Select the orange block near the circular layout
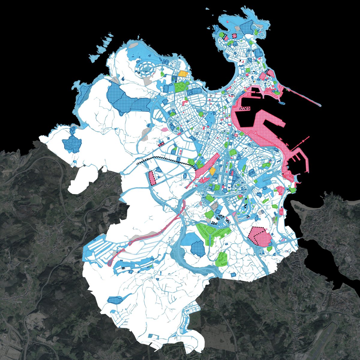tap(182, 73)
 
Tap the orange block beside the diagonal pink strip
tap(213, 171)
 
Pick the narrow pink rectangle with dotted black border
tap(152, 178)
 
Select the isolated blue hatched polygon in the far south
tap(115, 300)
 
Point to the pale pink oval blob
tap(164, 130)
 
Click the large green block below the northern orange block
tap(181, 87)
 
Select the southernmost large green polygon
tap(221, 259)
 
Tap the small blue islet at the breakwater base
tap(282, 103)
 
